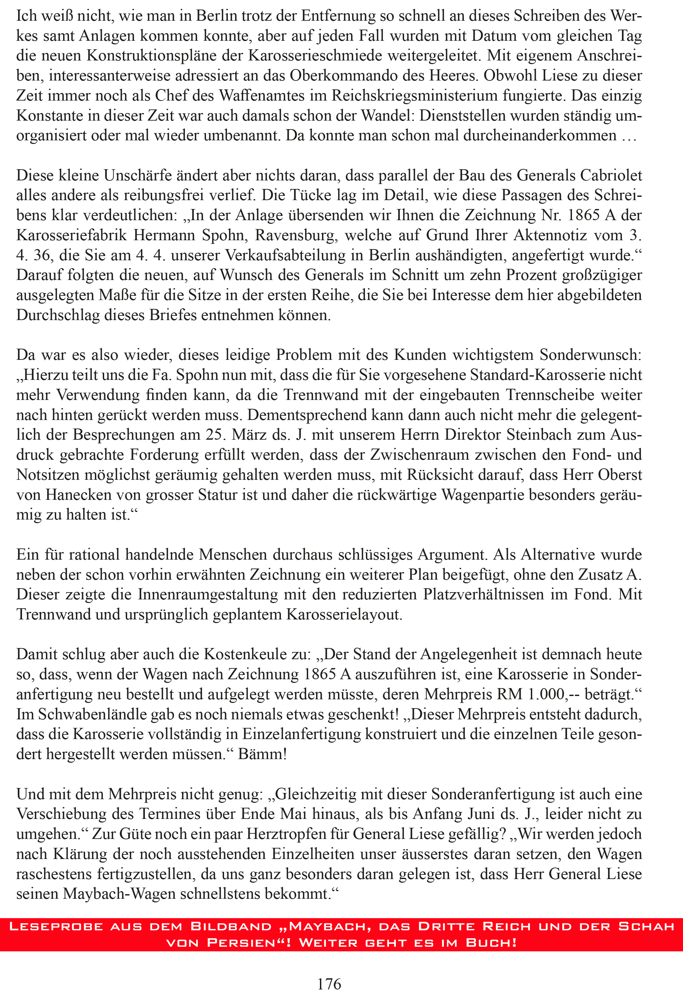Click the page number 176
(329, 984)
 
